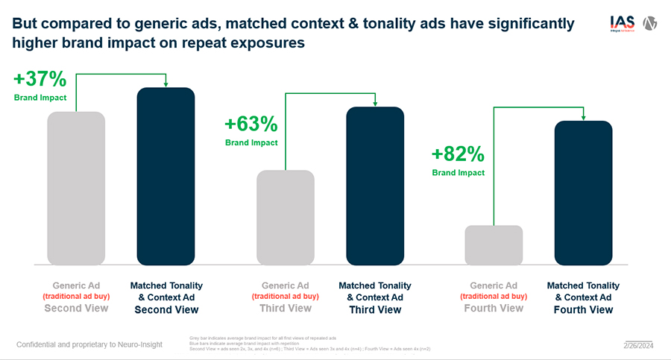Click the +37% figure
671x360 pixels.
40,80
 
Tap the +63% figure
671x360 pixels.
251,123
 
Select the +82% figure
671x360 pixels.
458,154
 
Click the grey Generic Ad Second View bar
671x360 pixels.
76,188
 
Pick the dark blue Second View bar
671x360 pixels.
166,176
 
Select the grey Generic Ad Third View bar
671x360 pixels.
285,217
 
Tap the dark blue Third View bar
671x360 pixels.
374,186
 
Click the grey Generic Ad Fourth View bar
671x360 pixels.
494,244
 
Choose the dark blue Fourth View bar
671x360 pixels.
583,192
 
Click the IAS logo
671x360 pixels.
621,23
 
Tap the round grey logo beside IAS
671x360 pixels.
650,23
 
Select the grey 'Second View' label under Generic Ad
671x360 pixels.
76,309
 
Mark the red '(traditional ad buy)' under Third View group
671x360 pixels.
285,297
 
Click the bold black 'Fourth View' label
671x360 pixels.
583,309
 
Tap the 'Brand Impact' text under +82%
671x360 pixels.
458,173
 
